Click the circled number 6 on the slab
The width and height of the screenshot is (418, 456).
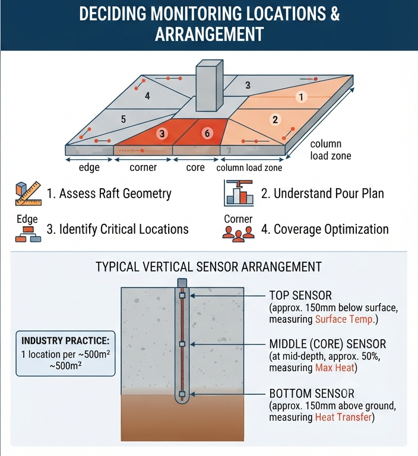click(207, 133)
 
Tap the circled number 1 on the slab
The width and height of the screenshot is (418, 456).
click(302, 97)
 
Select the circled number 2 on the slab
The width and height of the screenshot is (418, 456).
click(275, 119)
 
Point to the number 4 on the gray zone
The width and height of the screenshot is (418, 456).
click(147, 96)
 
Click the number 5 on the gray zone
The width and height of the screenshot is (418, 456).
click(123, 119)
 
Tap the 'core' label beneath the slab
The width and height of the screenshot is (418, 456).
click(195, 167)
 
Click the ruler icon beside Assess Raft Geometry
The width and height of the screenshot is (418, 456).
click(28, 194)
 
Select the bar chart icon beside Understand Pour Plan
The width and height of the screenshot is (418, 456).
click(239, 193)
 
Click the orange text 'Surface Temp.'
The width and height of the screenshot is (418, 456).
click(344, 319)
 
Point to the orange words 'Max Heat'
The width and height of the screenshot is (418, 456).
click(335, 368)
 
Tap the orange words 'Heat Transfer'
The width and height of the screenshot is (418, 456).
click(344, 417)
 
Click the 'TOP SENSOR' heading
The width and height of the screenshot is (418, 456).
click(300, 296)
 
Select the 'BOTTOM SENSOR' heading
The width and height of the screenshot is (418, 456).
click(312, 394)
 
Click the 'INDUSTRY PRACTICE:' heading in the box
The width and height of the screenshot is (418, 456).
click(65, 341)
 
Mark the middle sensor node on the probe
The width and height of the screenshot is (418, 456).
click(182, 344)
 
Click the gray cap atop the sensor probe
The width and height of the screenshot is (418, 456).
click(182, 283)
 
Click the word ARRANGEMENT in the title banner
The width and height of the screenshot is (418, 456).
click(209, 34)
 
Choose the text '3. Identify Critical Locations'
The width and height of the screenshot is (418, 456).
click(118, 229)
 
